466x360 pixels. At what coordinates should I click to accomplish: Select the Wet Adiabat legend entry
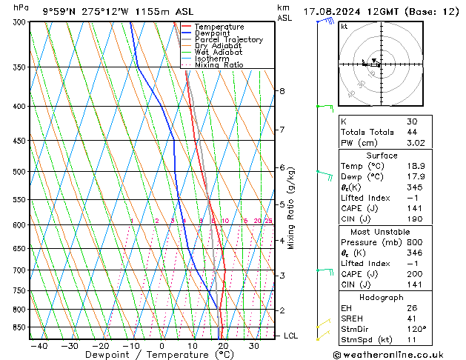(219, 52)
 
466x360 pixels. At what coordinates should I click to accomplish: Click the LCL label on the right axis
(290, 336)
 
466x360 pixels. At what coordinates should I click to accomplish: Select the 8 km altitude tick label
(282, 91)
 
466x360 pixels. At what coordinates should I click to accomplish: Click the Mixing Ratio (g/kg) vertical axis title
(291, 208)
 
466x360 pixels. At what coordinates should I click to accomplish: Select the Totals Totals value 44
(412, 132)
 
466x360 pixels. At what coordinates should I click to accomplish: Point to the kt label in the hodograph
(344, 27)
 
